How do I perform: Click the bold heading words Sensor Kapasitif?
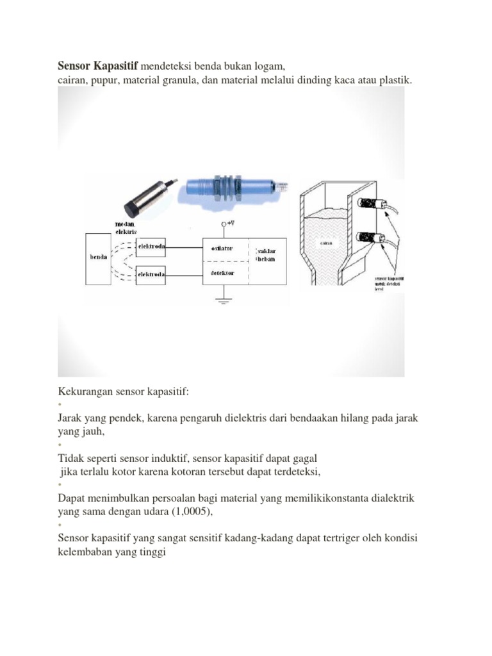pyautogui.click(x=97, y=66)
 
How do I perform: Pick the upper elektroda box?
pyautogui.click(x=151, y=245)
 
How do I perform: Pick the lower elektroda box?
pyautogui.click(x=151, y=275)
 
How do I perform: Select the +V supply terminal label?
pyautogui.click(x=227, y=224)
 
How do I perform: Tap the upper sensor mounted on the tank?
pyautogui.click(x=370, y=206)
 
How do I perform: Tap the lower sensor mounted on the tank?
pyautogui.click(x=370, y=240)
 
